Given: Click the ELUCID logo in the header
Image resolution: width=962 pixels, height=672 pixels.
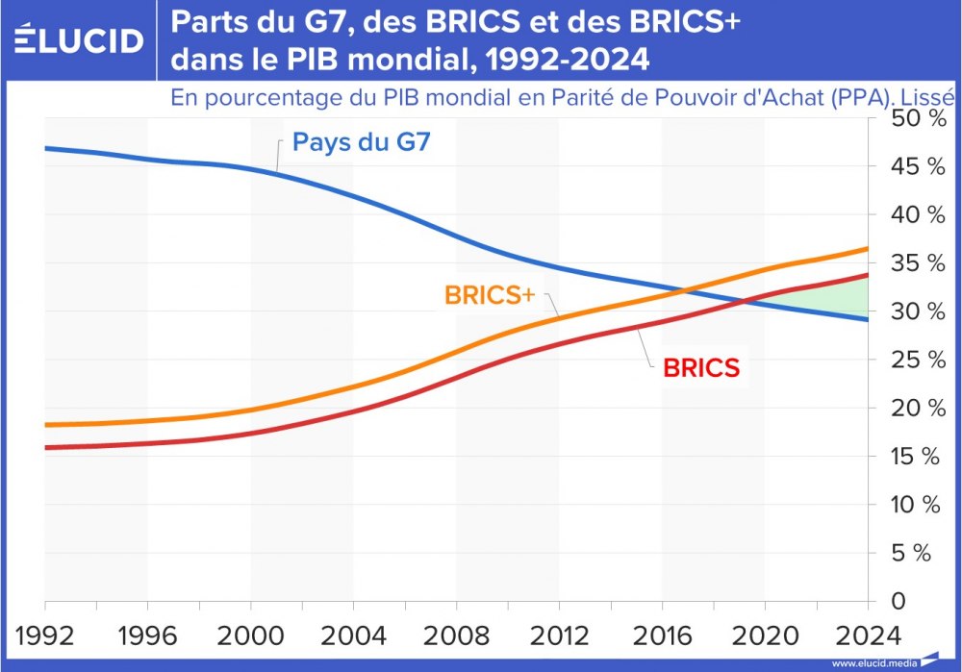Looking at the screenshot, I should [80, 39].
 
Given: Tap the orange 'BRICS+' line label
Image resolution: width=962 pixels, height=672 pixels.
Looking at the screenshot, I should [489, 295].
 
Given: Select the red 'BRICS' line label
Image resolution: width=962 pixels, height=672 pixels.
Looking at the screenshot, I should [701, 367].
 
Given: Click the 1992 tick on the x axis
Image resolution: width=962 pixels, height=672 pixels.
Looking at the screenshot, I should [45, 635].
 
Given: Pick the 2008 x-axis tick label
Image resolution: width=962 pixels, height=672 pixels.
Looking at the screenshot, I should [456, 635].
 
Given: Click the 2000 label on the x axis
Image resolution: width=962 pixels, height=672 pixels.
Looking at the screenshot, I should [251, 635].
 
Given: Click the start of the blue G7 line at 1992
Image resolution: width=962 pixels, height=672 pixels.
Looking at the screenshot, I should [46, 148].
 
